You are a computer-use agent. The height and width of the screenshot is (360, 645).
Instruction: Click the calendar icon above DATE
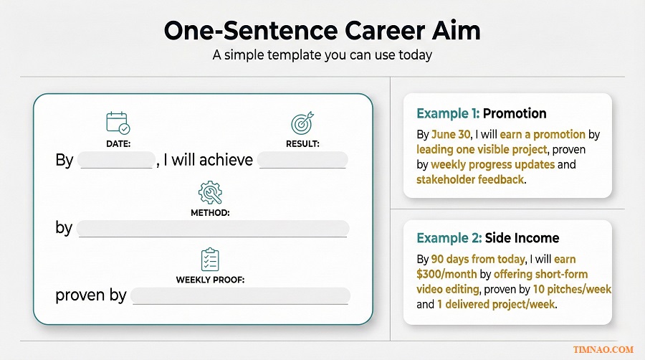pyautogui.click(x=118, y=123)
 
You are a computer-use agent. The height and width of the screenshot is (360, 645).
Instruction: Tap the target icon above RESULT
pyautogui.click(x=302, y=123)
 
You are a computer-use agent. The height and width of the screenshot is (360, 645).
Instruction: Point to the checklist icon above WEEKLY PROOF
pyautogui.click(x=210, y=259)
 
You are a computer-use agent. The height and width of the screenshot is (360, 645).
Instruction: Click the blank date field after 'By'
pyautogui.click(x=115, y=160)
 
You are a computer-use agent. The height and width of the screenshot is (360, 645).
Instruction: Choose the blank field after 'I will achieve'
pyautogui.click(x=302, y=160)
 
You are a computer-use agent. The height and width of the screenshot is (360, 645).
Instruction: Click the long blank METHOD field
pyautogui.click(x=212, y=228)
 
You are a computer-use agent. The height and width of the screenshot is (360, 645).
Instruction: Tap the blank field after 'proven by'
pyautogui.click(x=241, y=295)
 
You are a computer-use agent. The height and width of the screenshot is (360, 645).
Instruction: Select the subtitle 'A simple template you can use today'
pyautogui.click(x=322, y=55)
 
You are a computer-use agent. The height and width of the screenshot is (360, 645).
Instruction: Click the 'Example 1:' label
pyautogui.click(x=447, y=113)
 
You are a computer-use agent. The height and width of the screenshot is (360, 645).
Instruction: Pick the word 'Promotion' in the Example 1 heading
pyautogui.click(x=514, y=113)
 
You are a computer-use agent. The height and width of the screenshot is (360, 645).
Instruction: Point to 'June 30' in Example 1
pyautogui.click(x=451, y=135)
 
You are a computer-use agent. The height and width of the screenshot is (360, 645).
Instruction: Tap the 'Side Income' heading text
pyautogui.click(x=522, y=238)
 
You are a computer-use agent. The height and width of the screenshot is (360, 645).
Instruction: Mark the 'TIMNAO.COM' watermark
pyautogui.click(x=603, y=349)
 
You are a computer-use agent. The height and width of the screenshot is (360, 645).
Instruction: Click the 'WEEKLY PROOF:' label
pyautogui.click(x=210, y=280)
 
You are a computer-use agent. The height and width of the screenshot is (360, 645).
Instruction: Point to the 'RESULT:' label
pyautogui.click(x=302, y=143)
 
